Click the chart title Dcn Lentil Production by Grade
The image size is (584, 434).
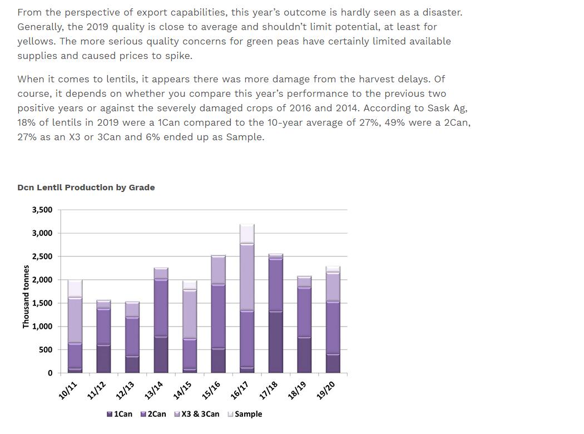[x=86, y=188]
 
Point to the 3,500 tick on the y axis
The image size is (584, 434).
[x=42, y=210]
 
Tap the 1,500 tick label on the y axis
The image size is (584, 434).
[x=42, y=303]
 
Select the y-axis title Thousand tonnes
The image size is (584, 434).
[x=26, y=297]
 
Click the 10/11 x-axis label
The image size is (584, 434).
[x=68, y=391]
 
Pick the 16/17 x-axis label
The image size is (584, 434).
[x=240, y=391]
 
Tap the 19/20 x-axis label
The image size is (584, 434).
[x=326, y=391]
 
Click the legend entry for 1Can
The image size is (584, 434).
[x=120, y=414]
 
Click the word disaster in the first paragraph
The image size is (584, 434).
[x=443, y=12]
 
